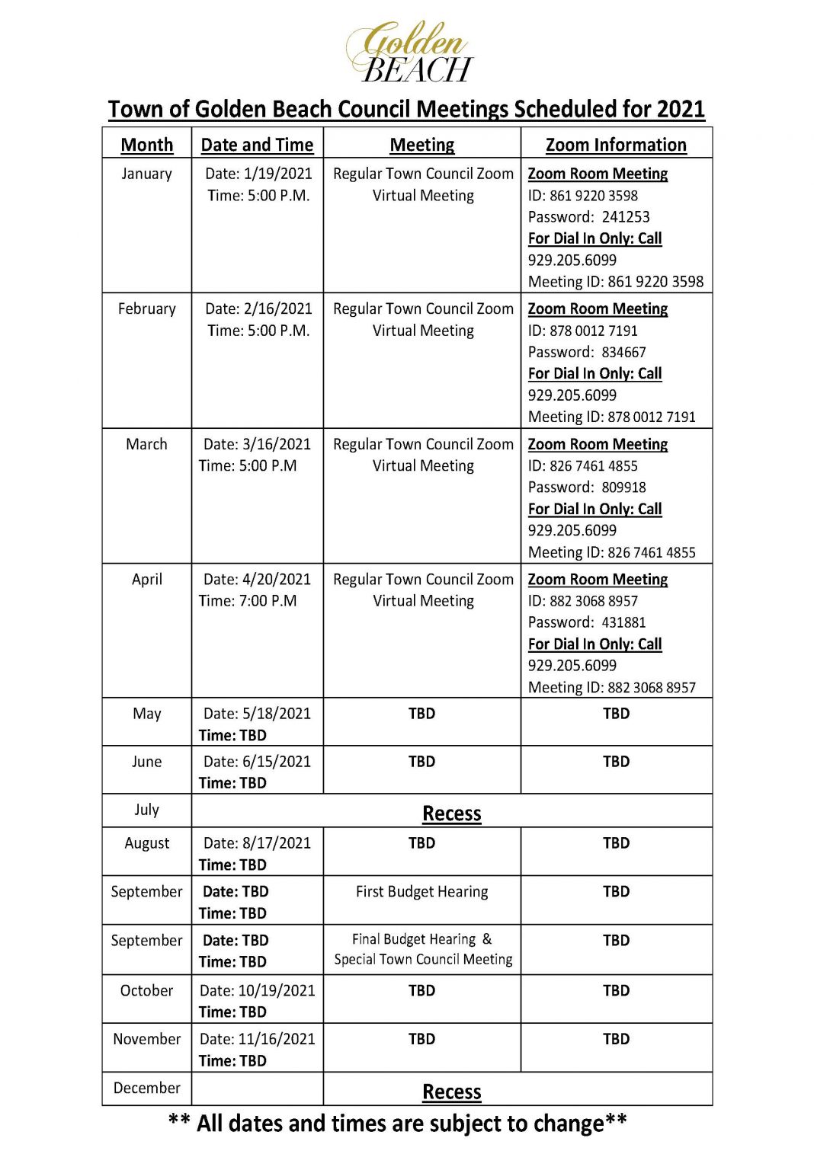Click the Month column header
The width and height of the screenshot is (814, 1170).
tap(146, 145)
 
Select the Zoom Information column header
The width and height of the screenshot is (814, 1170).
tap(616, 145)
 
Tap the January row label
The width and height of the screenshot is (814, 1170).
tap(146, 174)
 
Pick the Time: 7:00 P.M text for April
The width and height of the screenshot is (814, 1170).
tap(248, 601)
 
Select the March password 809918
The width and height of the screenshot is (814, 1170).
tap(623, 487)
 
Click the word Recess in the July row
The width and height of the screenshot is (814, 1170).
tap(452, 814)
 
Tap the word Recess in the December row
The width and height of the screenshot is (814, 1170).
tap(452, 1092)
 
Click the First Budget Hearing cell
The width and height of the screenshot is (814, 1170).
tap(421, 891)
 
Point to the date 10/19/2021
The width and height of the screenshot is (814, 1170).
tap(277, 990)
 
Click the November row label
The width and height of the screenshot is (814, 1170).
tap(146, 1039)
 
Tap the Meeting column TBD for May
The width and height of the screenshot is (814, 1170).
tap(421, 714)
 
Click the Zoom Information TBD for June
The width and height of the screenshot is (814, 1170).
tap(616, 762)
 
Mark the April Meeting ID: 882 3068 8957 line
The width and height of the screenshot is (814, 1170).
tap(612, 687)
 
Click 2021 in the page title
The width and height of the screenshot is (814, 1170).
tap(680, 109)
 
